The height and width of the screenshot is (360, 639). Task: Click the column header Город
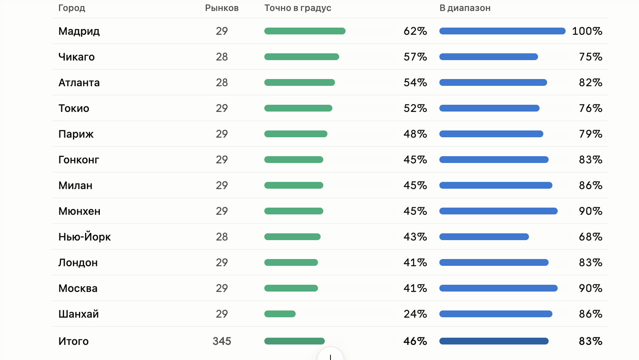pos(71,8)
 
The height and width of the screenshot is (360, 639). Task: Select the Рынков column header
pos(222,8)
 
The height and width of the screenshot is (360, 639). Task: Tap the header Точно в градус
pos(298,8)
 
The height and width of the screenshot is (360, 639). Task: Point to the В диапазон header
pos(465,8)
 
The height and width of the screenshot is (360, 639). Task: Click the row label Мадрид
pos(79,31)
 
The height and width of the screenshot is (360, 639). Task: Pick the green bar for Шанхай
pos(280,314)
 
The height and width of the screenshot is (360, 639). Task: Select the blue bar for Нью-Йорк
pos(484,237)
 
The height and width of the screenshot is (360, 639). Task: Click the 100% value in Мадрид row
pos(587,31)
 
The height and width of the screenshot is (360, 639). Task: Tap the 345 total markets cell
pos(222,341)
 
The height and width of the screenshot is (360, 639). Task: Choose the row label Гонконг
pos(79,160)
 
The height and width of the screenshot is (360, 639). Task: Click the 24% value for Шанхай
pos(415,314)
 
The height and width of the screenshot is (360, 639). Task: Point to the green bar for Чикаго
pos(301,57)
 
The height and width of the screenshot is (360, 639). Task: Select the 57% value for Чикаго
pos(415,57)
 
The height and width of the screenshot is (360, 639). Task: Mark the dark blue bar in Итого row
pos(494,341)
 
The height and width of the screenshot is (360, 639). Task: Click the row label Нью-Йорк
pos(84,237)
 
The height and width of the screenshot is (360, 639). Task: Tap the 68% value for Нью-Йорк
pos(591,237)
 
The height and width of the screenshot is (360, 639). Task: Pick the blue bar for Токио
pos(489,108)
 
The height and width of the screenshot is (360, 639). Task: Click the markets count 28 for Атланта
pos(222,82)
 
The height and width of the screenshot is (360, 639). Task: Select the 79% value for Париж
pos(591,134)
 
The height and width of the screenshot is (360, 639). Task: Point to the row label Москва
pos(78,288)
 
